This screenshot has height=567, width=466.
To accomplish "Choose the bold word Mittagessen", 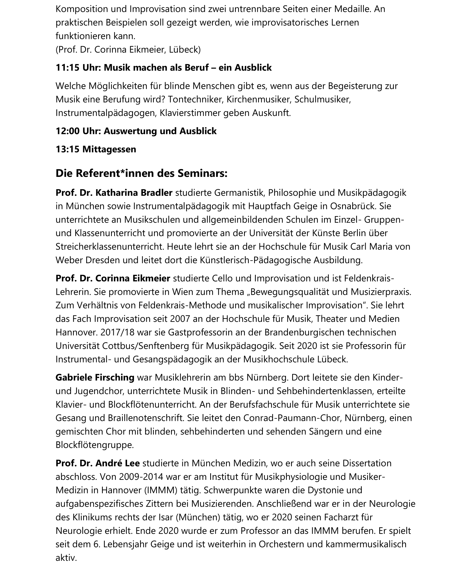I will (109, 149).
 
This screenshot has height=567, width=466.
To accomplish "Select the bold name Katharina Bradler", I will (134, 193).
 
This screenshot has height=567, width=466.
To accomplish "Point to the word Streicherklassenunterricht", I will (110, 247).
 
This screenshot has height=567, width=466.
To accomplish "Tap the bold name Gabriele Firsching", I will (95, 377).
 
